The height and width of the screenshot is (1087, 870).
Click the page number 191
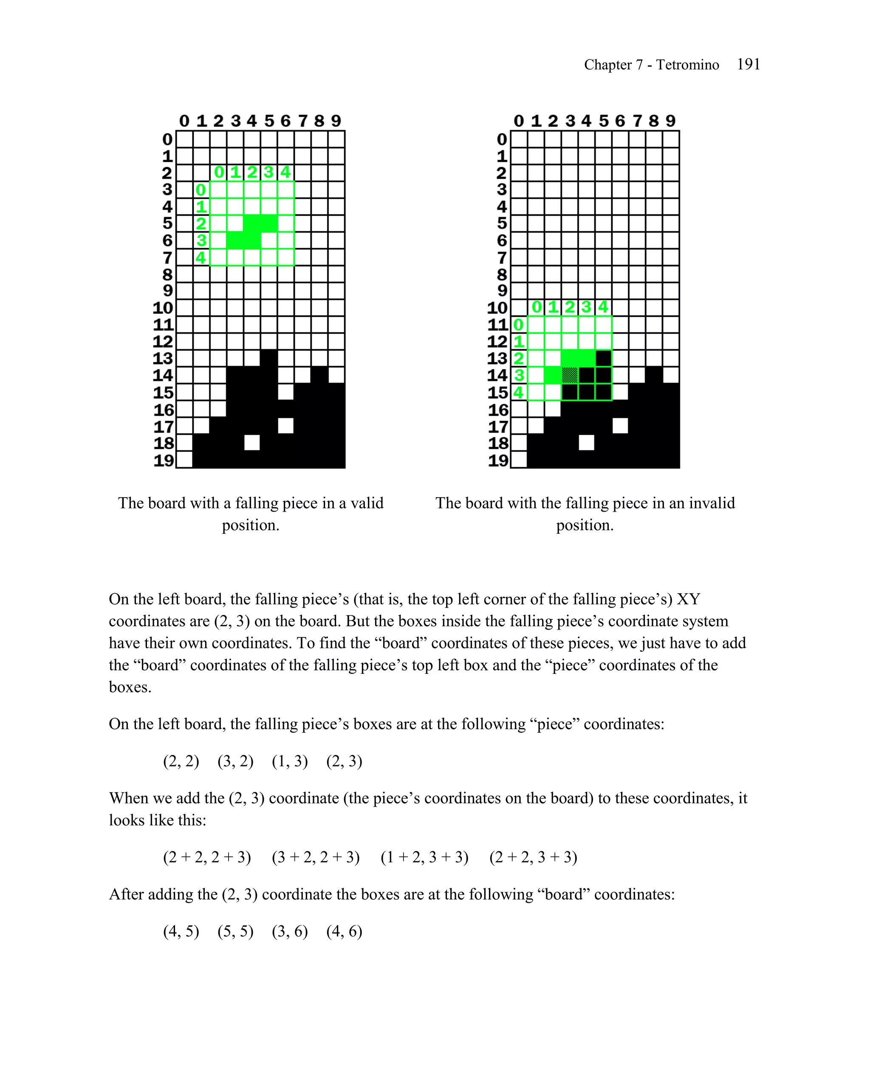748,64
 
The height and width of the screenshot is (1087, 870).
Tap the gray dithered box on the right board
569,375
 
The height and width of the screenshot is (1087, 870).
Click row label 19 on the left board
164,460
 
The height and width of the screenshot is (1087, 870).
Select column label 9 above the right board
670,121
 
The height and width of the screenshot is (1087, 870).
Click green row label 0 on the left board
201,190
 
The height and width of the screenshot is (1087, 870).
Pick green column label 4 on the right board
603,307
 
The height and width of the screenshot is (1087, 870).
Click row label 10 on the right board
497,307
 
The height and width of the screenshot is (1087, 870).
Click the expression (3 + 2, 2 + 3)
315,857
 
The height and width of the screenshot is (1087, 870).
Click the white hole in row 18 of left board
251,443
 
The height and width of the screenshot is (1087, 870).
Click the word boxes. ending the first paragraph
130,687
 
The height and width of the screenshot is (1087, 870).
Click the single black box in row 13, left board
269,358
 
